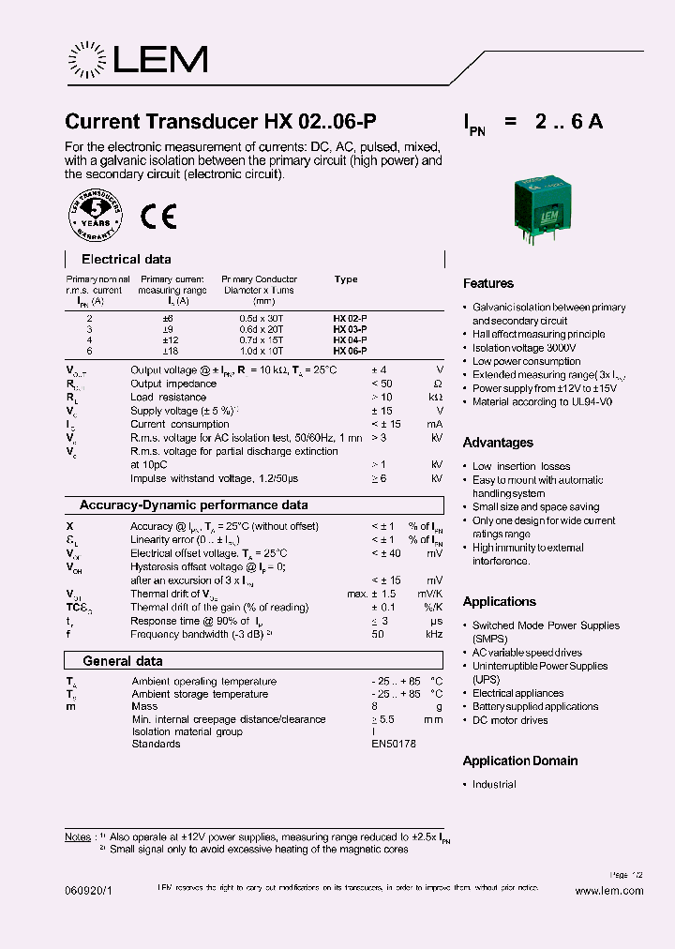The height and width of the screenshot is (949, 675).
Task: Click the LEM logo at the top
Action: point(137,60)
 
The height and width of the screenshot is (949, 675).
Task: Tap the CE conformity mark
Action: point(157,217)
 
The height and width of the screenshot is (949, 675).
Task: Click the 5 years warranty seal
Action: point(95,217)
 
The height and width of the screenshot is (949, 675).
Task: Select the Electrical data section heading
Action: point(127,259)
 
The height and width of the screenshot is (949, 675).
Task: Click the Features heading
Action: point(488,283)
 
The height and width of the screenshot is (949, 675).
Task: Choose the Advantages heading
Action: point(498,443)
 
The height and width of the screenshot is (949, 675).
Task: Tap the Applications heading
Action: point(500,602)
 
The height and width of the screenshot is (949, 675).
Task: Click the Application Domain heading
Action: point(520,761)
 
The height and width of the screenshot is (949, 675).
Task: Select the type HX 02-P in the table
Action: point(350,319)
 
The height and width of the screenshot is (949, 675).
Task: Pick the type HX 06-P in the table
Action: point(350,350)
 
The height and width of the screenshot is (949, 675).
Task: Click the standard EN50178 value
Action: point(394,744)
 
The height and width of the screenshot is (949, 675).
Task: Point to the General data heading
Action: point(122,661)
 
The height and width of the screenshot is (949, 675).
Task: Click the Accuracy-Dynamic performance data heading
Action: point(193,505)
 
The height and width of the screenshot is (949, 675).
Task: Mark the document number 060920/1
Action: point(90,891)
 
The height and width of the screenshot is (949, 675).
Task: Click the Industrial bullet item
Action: point(494,784)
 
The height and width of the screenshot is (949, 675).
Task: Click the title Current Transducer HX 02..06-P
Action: point(221,122)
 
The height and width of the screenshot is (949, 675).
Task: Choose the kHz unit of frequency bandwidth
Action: point(433,634)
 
